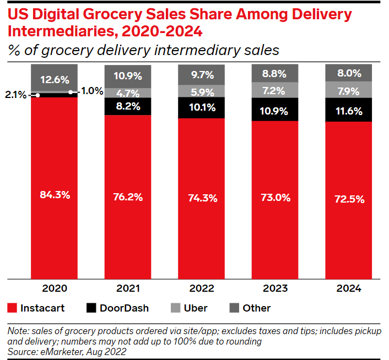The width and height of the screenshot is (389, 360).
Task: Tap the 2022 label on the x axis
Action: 201,288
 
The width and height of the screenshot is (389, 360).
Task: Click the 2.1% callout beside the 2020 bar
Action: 15,95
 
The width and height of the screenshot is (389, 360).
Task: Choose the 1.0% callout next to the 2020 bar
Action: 91,91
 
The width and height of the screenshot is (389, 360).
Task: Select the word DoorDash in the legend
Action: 124,308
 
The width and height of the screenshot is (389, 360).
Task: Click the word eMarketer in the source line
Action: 57,351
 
